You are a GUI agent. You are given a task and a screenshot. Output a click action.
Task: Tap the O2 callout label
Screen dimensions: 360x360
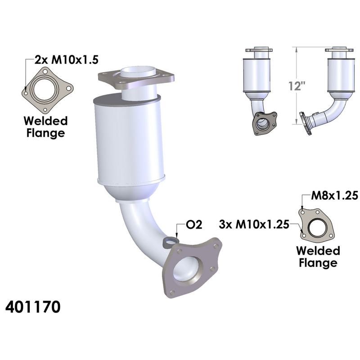pos(194,224)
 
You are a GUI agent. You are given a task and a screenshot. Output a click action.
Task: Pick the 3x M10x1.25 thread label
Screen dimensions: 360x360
pos(253,224)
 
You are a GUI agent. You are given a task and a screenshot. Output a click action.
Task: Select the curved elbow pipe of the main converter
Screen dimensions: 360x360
pos(135,229)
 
